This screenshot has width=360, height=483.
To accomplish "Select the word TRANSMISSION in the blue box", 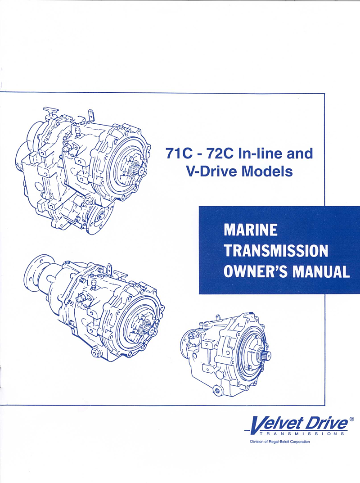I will point(275,251).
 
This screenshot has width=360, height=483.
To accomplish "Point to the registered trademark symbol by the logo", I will point(351,419).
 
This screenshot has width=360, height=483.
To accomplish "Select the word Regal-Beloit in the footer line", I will point(283,441).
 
